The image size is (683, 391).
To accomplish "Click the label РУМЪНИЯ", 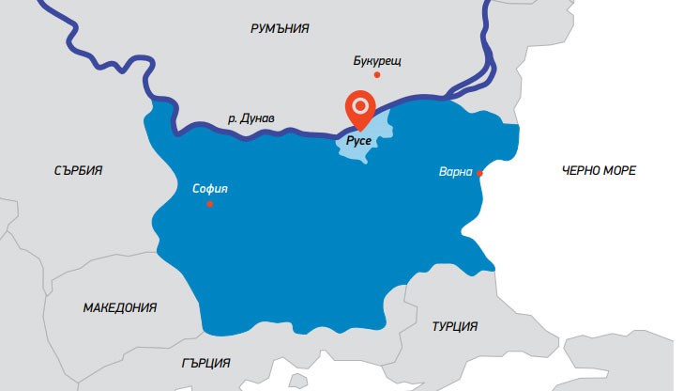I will coord(280,29).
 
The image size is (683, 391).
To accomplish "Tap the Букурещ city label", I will coord(377,61).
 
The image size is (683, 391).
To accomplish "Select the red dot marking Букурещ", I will coord(377,74).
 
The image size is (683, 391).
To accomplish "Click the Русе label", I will coord(359,141).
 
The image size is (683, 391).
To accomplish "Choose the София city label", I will coord(209,187).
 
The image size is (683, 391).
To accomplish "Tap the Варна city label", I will coord(457,173).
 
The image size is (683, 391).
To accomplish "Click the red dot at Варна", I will coord(479,173).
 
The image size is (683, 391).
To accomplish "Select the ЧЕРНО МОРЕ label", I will coord(599,171).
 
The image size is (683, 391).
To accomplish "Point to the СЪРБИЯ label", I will coord(79,171).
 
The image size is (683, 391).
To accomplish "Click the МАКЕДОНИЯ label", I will coord(119,307).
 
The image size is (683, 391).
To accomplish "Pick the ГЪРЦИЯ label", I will coord(206,363).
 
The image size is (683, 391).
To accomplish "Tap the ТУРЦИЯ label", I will coord(455,326).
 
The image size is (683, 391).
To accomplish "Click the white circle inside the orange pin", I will coord(358,104).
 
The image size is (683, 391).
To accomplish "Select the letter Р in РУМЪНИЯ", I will coord(254,29).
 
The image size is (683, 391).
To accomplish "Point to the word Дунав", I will coord(264,119).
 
